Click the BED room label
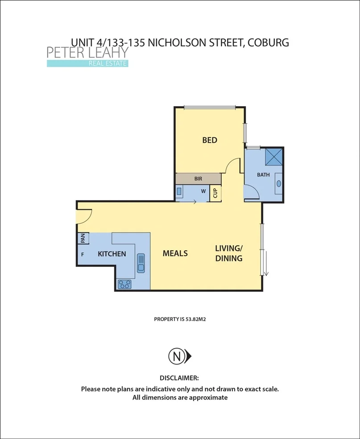pos(210,140)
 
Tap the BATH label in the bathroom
pos(263,175)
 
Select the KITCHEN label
pos(112,254)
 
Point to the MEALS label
pos(175,253)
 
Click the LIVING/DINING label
pos(229,253)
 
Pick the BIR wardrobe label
pos(198,178)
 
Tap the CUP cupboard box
pos(215,193)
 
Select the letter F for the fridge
pos(83,254)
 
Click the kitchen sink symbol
pos(141,262)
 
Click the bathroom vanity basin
pos(279,183)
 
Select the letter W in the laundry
pos(203,191)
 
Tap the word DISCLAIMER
pos(179,377)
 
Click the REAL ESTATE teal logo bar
pos(87,63)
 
